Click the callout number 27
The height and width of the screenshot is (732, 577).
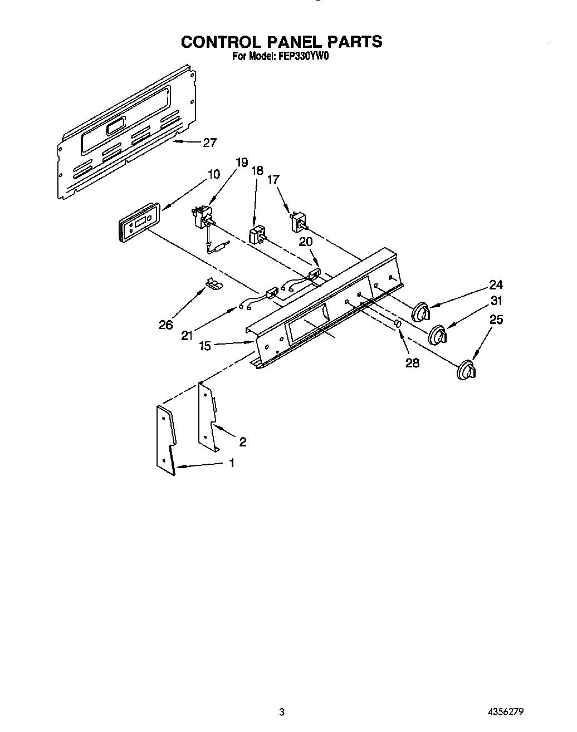point(209,143)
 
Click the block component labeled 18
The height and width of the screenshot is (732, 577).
point(257,234)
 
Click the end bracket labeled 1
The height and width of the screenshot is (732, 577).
point(166,439)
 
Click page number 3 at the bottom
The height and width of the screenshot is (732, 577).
point(282,712)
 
